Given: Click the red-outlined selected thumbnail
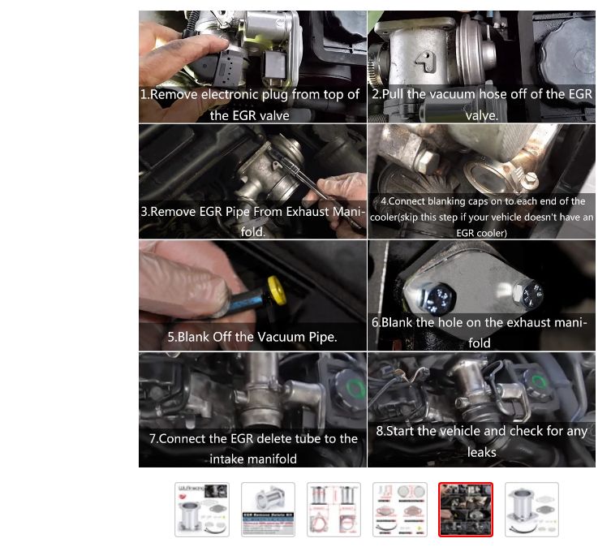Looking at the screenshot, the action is click(465, 509).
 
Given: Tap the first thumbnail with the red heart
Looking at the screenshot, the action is click(202, 509).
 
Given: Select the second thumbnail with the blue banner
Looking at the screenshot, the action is click(268, 509).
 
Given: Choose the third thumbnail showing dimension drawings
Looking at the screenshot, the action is click(333, 509).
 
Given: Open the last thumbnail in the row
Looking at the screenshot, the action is click(531, 509).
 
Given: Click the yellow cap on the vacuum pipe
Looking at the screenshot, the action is click(277, 291).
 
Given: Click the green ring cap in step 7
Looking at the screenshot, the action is click(355, 388).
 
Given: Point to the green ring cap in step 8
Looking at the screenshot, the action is click(540, 382).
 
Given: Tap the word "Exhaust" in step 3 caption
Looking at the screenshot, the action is click(307, 211).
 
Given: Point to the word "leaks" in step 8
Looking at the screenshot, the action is click(482, 452).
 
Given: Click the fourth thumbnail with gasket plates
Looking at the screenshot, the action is click(399, 509).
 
